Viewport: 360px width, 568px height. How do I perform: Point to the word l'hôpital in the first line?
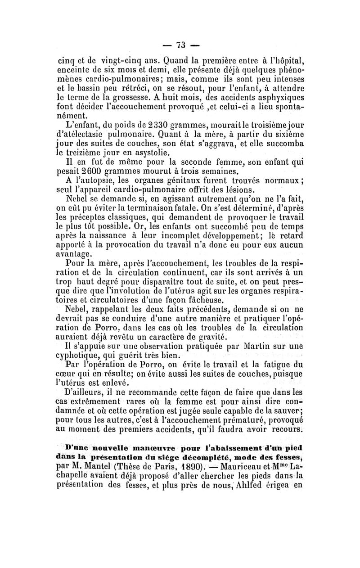pyautogui.click(x=284, y=59)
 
